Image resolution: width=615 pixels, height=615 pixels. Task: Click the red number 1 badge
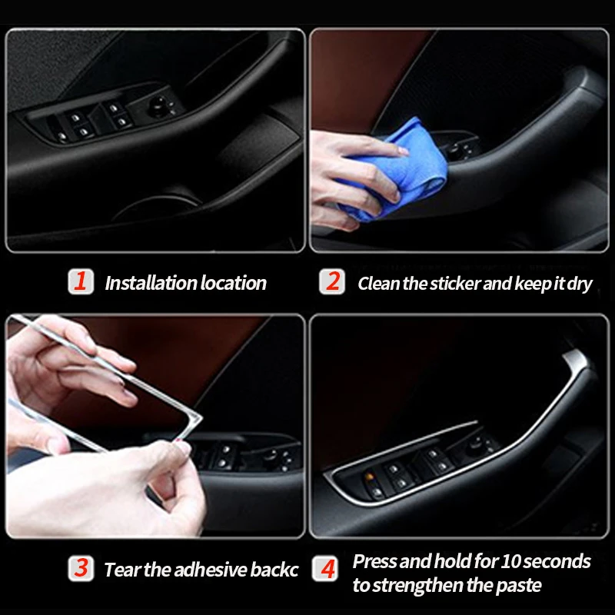pyautogui.click(x=81, y=281)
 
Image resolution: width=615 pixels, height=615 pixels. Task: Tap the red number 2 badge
pyautogui.click(x=332, y=281)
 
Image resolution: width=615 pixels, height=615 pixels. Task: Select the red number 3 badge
pyautogui.click(x=81, y=568)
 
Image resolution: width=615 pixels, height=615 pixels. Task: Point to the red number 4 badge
pyautogui.click(x=325, y=568)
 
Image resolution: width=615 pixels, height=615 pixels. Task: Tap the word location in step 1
pyautogui.click(x=234, y=283)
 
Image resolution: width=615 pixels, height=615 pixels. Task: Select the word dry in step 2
pyautogui.click(x=580, y=284)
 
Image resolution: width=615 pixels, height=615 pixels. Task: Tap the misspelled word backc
pyautogui.click(x=274, y=570)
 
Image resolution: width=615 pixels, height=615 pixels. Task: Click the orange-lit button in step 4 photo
pyautogui.click(x=369, y=477)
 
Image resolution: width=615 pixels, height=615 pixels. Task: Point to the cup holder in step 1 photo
pyautogui.click(x=157, y=206)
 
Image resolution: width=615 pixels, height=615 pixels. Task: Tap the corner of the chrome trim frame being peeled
pyautogui.click(x=197, y=419)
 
